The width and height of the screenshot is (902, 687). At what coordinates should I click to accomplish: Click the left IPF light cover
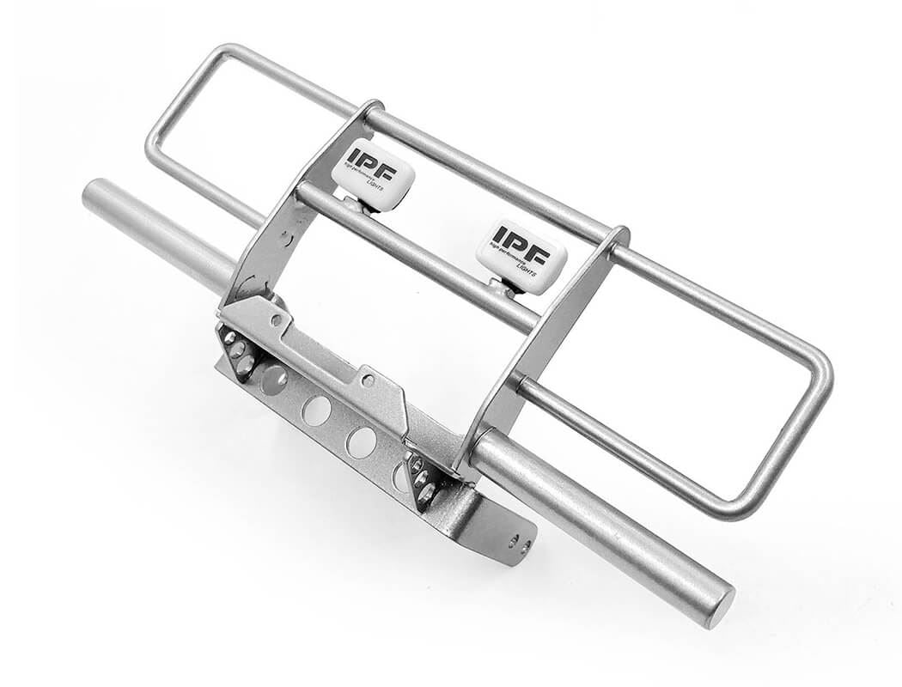coord(373,174)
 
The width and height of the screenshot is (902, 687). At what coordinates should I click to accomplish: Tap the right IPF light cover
coord(521,255)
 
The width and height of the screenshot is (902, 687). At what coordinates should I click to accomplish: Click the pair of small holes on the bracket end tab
coord(518,542)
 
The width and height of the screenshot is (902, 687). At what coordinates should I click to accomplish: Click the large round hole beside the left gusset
coord(273,379)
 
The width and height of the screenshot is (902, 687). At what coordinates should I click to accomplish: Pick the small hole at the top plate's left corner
coord(276,319)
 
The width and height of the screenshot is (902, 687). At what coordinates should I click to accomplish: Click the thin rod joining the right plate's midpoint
coord(524,382)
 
